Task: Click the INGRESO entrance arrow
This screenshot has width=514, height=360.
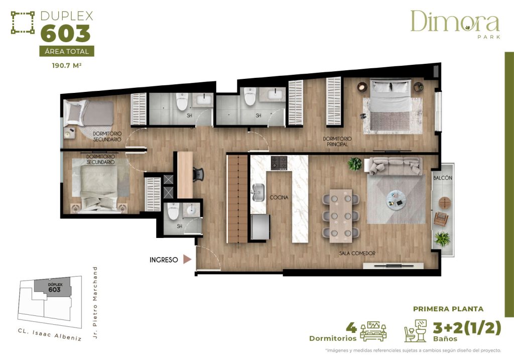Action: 187,260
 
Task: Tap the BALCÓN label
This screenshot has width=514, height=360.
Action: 443,178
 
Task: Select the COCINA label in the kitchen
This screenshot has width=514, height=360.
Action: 279,197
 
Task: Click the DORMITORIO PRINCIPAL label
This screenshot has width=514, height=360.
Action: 337,142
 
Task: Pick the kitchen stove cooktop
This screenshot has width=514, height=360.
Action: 279,162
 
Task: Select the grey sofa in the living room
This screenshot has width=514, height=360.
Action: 395,165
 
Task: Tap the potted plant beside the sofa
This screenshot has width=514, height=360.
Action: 355,164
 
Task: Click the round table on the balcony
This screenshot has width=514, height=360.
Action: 445,202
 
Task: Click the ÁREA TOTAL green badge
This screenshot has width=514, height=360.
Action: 66,51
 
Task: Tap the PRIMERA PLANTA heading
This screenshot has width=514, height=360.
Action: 448,309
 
